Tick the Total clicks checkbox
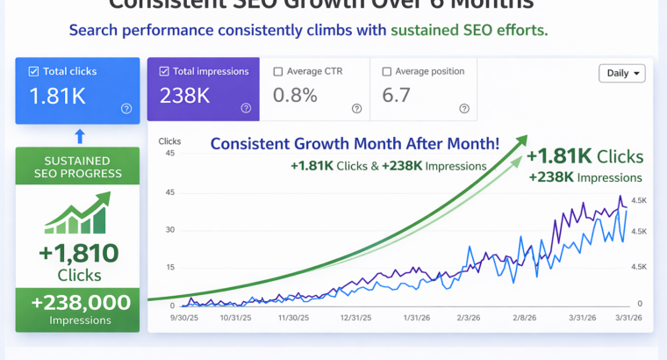(x=33, y=71)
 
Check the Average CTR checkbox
(x=277, y=71)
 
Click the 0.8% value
(x=295, y=95)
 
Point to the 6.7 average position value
(x=397, y=95)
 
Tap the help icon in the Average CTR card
(x=356, y=109)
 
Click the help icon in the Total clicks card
(x=126, y=109)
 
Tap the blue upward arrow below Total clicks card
(x=79, y=135)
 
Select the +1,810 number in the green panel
(x=78, y=254)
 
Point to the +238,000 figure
(x=80, y=302)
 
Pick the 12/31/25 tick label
(x=354, y=318)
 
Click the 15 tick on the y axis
(x=170, y=267)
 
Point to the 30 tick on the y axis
(x=170, y=230)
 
